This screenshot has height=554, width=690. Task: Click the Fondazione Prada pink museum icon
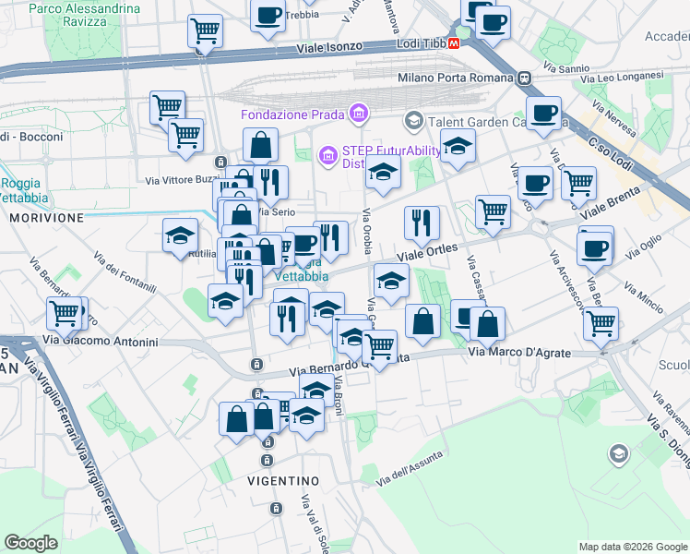pyautogui.click(x=359, y=114)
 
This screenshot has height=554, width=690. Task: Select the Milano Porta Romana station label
pyautogui.click(x=456, y=78)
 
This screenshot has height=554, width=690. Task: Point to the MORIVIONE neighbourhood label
pyautogui.click(x=46, y=218)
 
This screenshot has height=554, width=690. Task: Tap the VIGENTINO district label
pyautogui.click(x=283, y=481)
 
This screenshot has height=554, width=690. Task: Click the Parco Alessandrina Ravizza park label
pyautogui.click(x=86, y=16)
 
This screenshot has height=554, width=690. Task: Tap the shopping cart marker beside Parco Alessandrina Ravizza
pyautogui.click(x=205, y=30)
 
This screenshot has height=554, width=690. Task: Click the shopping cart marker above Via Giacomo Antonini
pyautogui.click(x=65, y=313)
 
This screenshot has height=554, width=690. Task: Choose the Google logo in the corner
pyautogui.click(x=31, y=543)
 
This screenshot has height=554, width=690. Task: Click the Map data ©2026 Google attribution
pyautogui.click(x=632, y=547)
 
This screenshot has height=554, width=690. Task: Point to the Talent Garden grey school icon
pyautogui.click(x=413, y=121)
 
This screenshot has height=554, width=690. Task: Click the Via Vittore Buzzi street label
pyautogui.click(x=180, y=179)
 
